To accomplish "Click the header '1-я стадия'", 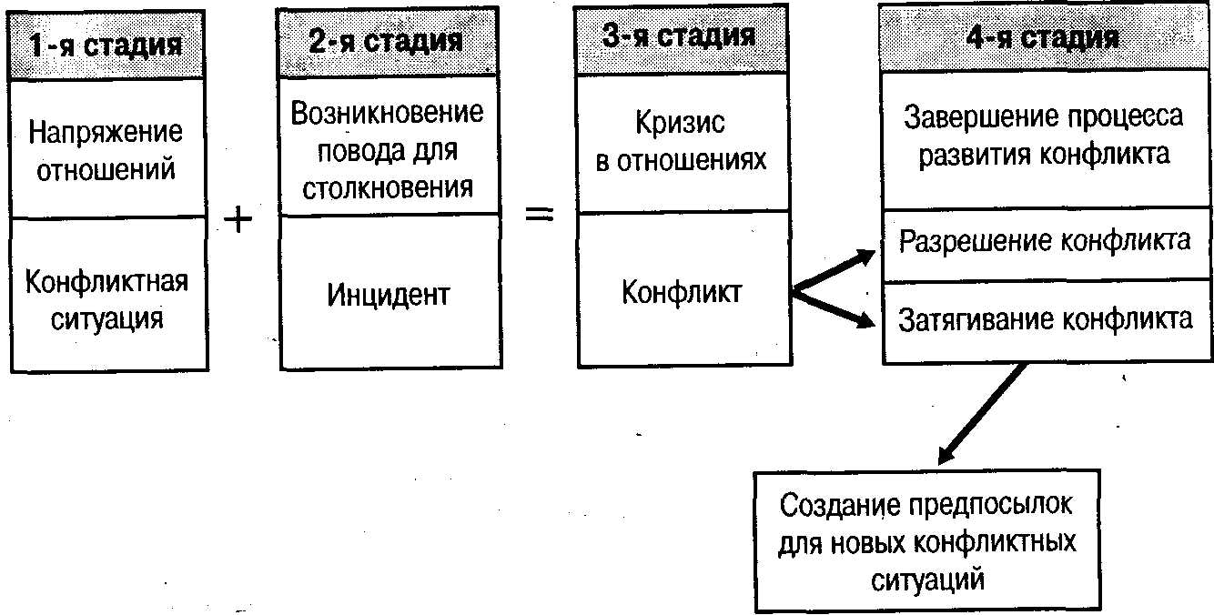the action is (x=106, y=45).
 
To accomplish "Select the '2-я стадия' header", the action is (x=385, y=41).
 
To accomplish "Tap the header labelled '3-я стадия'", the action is (x=679, y=35).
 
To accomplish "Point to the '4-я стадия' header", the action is (x=1042, y=38).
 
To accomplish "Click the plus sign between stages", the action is (x=238, y=220).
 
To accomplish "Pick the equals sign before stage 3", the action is (x=540, y=214).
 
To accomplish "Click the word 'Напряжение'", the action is (x=106, y=133).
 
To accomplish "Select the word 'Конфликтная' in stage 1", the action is (x=106, y=282).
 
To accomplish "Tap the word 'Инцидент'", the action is (x=388, y=296).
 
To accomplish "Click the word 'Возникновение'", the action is (x=387, y=113).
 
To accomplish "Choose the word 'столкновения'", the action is (x=388, y=188).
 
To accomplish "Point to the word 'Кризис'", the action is (x=680, y=123).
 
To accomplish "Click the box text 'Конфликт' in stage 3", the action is (x=682, y=292).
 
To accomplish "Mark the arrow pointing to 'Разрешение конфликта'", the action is (x=834, y=270).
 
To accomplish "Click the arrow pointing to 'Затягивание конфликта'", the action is (x=834, y=309).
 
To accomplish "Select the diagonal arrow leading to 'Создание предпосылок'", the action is (x=982, y=414).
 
